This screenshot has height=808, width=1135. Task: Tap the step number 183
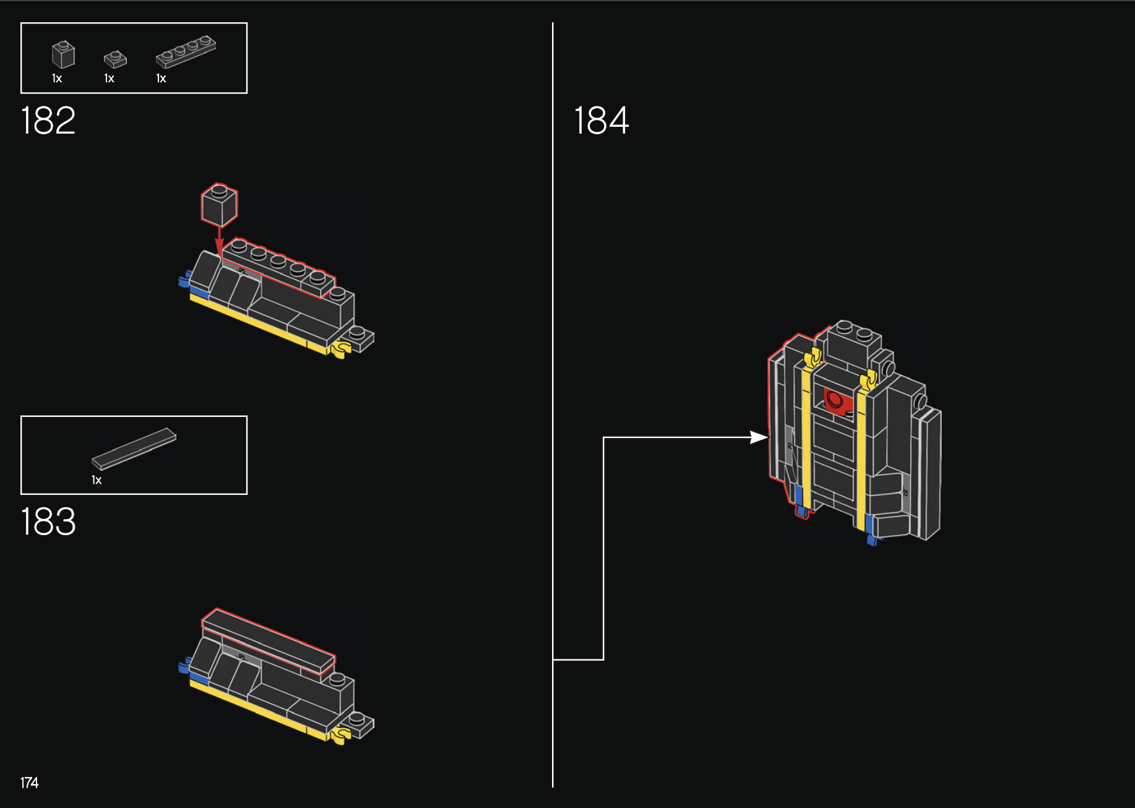[x=48, y=522]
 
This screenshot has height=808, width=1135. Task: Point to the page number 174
[x=29, y=783]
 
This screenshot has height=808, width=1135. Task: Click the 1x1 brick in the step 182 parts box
[x=63, y=54]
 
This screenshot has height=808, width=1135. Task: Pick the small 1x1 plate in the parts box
[x=115, y=59]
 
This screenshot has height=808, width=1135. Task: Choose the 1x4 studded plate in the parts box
[x=186, y=51]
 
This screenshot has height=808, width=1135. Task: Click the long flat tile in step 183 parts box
[x=134, y=448]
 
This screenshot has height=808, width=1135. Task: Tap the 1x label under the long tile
[x=97, y=480]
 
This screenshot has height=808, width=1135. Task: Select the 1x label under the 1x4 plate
[x=161, y=79]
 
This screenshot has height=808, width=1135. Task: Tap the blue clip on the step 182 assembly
[x=184, y=280]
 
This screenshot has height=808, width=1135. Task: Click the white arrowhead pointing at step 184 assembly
[x=759, y=437]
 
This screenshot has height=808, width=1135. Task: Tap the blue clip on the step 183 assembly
[x=184, y=666]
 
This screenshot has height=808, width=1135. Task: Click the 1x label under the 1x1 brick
[x=57, y=79]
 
